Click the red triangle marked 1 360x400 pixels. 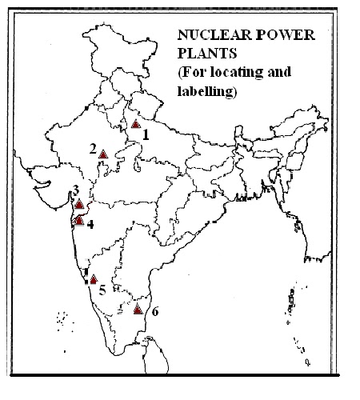click(x=136, y=124)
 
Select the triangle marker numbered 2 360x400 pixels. click(x=103, y=153)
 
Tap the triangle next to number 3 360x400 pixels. click(x=78, y=204)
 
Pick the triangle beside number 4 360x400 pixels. click(x=78, y=220)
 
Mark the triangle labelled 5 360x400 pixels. click(x=94, y=279)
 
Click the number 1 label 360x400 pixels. click(x=147, y=134)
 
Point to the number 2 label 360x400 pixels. click(x=93, y=149)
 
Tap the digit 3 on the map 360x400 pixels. click(x=75, y=190)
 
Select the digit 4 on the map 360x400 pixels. click(x=90, y=224)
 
